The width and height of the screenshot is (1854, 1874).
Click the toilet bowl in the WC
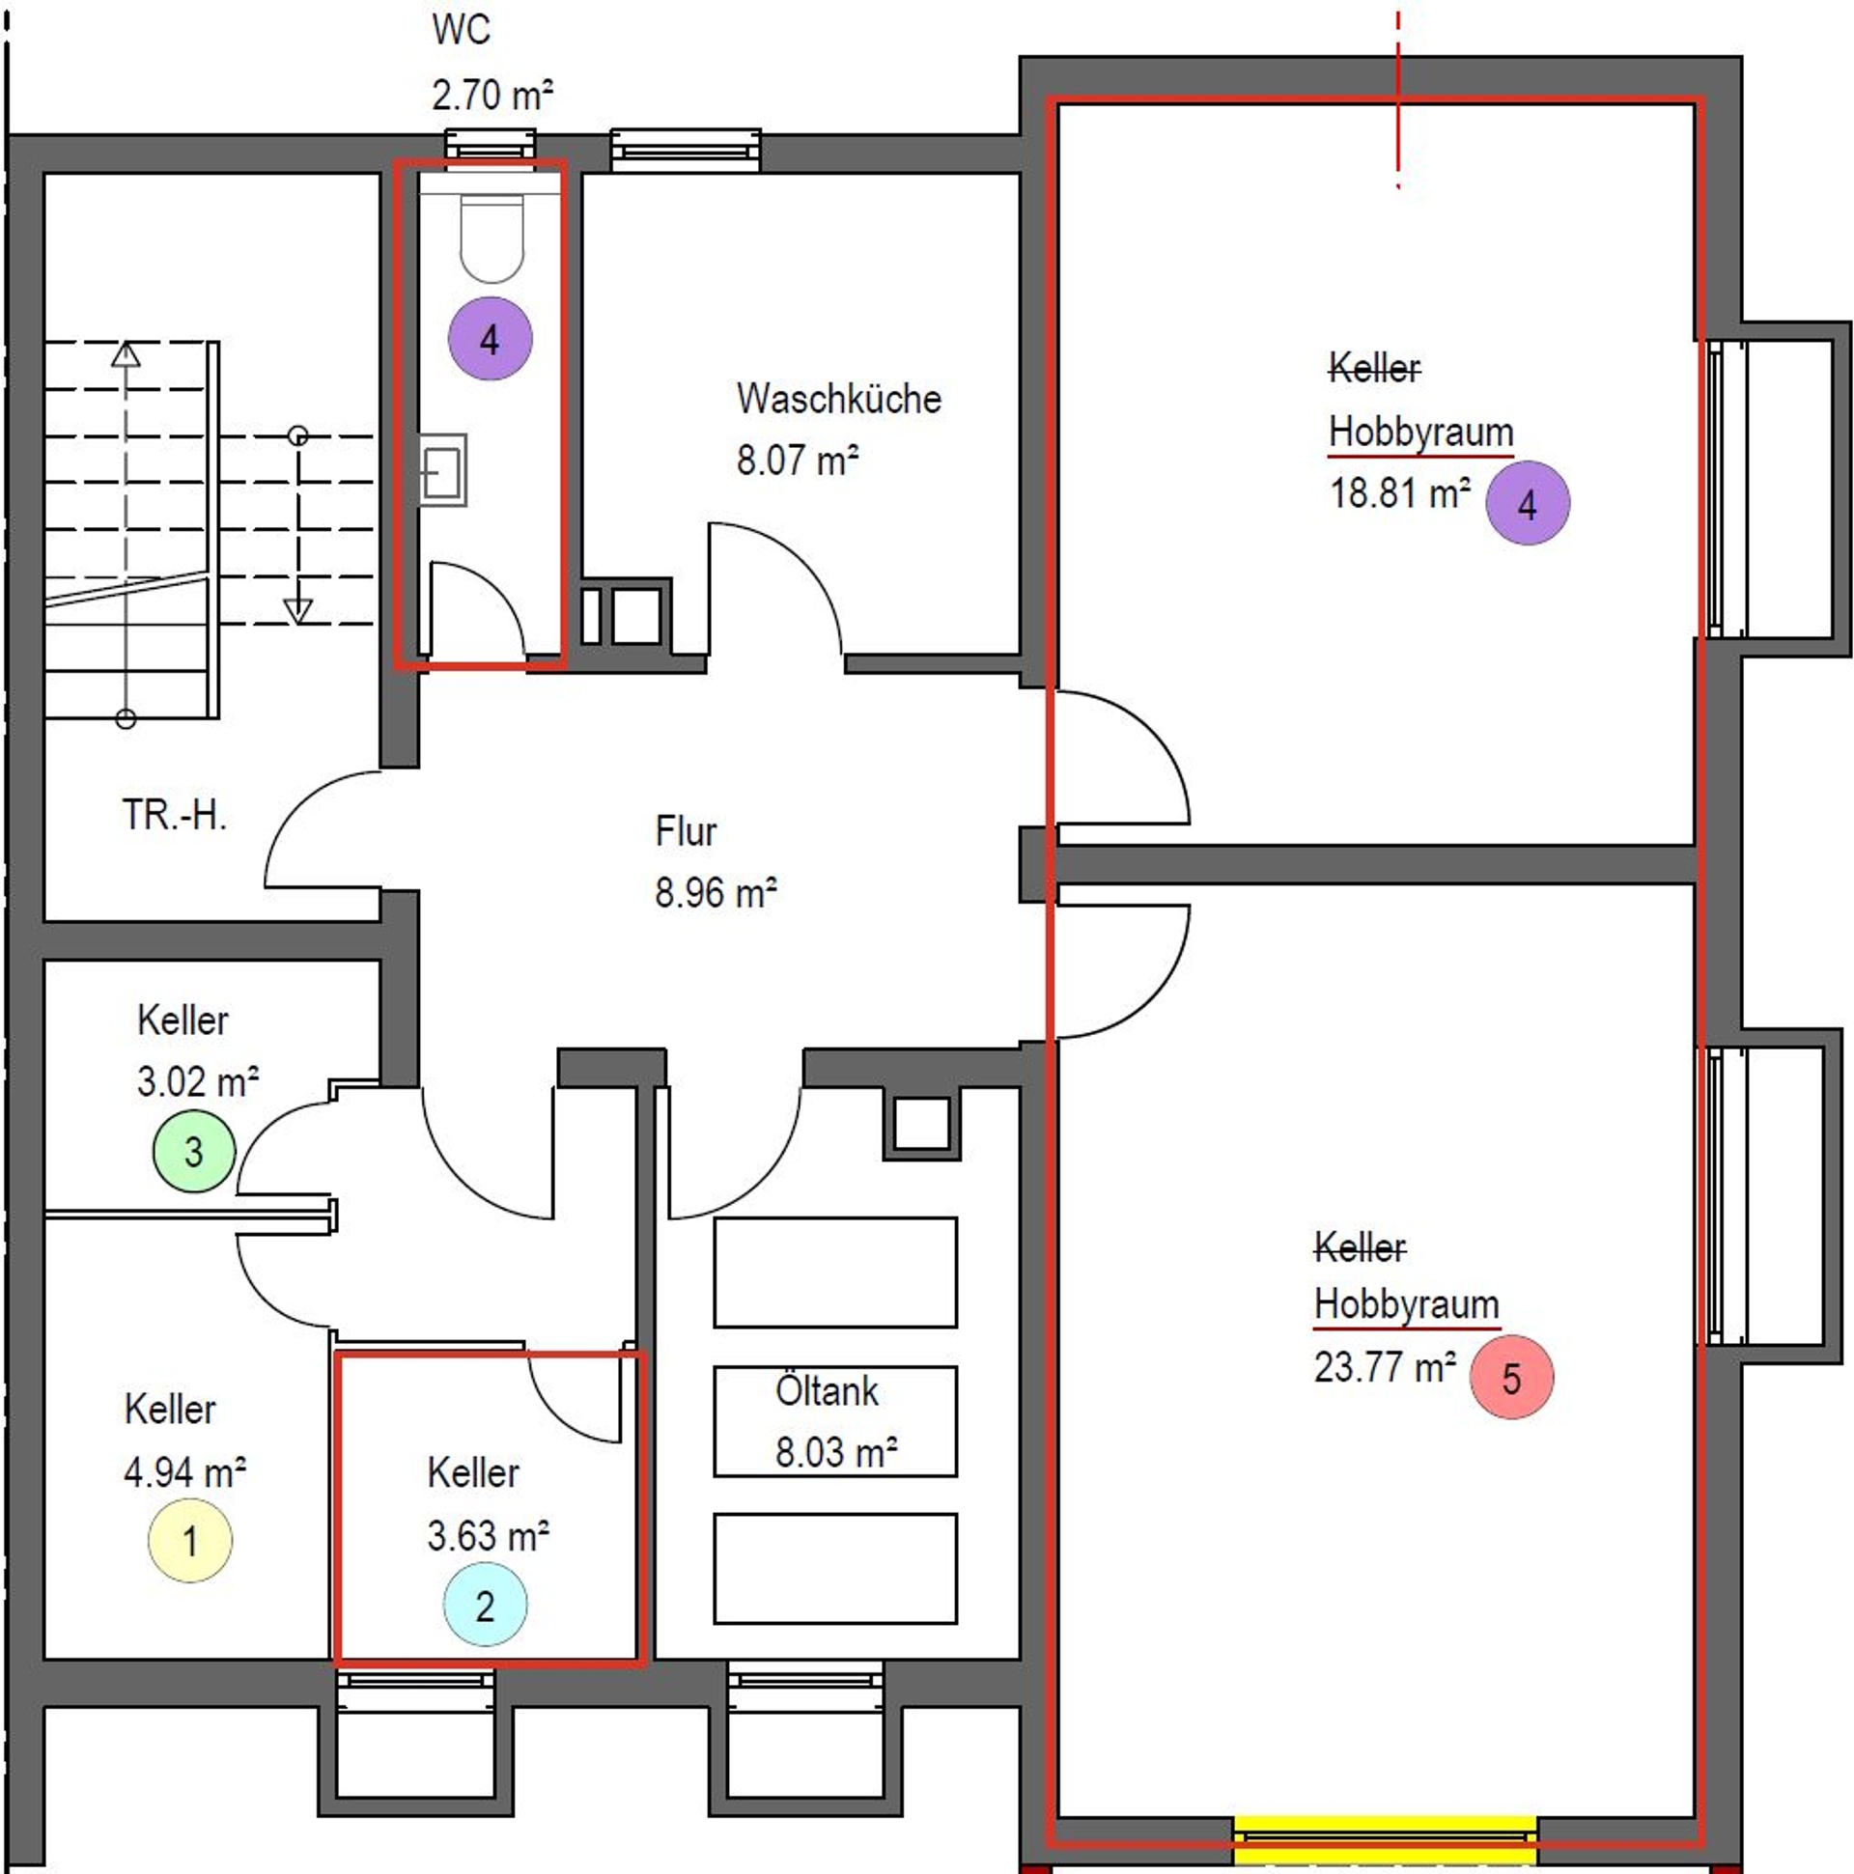click(x=492, y=238)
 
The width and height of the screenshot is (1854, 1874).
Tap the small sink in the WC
click(x=442, y=470)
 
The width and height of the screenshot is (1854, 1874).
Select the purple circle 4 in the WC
click(x=490, y=339)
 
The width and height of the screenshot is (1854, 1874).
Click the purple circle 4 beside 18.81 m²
click(x=1527, y=503)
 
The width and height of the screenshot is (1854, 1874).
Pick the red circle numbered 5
click(x=1511, y=1378)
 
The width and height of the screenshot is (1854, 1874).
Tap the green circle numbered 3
click(x=194, y=1152)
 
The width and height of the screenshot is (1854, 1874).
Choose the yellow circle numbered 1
click(x=190, y=1540)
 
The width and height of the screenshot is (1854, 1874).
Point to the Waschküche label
click(x=838, y=399)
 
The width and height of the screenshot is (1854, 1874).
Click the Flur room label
click(x=686, y=831)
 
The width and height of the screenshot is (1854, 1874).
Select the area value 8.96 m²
click(x=716, y=892)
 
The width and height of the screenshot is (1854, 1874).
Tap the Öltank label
click(x=827, y=1391)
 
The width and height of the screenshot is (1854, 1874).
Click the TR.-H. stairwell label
click(x=175, y=815)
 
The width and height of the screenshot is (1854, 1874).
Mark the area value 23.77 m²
click(x=1385, y=1368)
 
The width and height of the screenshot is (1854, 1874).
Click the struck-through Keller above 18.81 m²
click(x=1374, y=368)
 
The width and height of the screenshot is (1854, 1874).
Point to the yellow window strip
click(x=1386, y=1840)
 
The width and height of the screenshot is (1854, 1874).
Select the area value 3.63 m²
click(x=488, y=1535)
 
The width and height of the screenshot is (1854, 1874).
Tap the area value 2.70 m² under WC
click(x=492, y=95)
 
